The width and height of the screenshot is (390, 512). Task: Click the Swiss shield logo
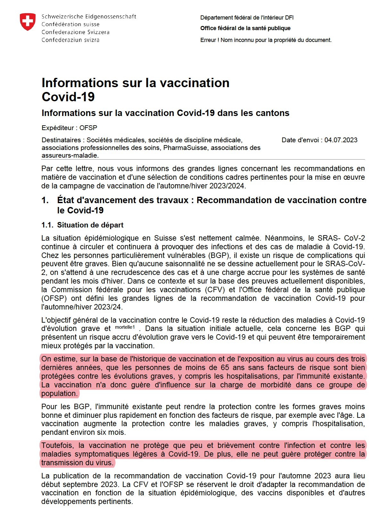[x=28, y=22]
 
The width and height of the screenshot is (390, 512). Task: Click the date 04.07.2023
[x=341, y=140]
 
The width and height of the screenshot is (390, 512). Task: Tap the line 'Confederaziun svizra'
[x=70, y=40]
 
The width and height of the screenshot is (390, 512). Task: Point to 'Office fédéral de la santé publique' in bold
[x=245, y=28]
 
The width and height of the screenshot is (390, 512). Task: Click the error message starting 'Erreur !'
[x=266, y=40]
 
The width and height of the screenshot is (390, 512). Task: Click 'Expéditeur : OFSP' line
[x=69, y=128]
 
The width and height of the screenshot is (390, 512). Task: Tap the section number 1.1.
[x=47, y=225]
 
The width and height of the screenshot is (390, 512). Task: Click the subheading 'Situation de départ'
[x=90, y=225]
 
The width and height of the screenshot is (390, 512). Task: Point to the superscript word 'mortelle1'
[x=125, y=327]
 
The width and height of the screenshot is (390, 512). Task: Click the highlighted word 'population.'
[x=60, y=393]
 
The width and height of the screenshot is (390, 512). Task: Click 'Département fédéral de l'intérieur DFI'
[x=247, y=18]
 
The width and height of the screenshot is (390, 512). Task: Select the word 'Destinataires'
[x=61, y=140]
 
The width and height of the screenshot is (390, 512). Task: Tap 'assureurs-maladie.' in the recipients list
[x=70, y=155]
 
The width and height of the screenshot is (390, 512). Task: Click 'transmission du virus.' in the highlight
[x=77, y=463]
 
